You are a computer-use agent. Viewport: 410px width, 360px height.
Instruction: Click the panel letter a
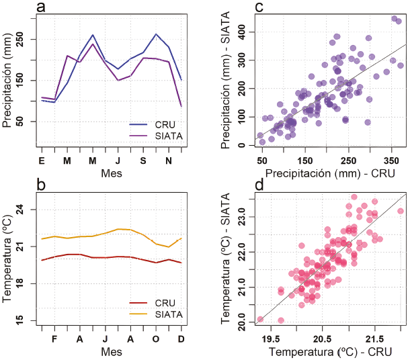(42, 7)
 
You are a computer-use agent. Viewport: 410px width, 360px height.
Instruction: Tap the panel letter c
(258, 7)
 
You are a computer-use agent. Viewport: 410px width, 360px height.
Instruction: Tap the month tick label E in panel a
(42, 161)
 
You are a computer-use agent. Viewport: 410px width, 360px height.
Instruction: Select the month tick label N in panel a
(168, 161)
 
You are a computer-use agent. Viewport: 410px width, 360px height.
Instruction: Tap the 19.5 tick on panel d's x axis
(272, 339)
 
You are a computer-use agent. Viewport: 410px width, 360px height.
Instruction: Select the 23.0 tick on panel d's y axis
(241, 217)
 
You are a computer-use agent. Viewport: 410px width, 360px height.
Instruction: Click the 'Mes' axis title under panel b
(112, 352)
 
